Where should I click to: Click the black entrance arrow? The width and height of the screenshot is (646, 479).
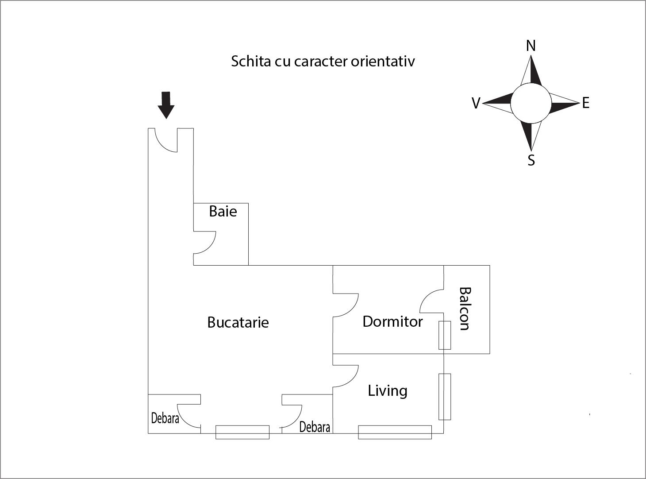tap(166, 105)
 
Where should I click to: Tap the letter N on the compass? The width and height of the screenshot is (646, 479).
tap(531, 46)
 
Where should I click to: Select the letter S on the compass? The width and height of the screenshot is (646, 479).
tap(531, 160)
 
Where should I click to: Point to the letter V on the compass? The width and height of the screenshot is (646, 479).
tap(476, 104)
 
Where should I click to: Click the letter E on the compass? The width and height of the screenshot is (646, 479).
tap(586, 103)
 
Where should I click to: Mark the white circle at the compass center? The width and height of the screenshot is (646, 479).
tap(531, 103)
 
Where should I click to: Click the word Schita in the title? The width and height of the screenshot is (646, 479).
tap(250, 61)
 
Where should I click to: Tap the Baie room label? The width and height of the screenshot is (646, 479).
tap(223, 211)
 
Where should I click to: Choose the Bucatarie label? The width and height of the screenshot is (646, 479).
tap(238, 322)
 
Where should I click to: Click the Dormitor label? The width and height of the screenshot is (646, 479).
tap(392, 321)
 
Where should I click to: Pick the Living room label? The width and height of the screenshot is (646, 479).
tap(388, 391)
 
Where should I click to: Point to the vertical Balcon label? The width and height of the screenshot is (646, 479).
tap(465, 309)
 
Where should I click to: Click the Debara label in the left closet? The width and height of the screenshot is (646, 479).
tap(165, 418)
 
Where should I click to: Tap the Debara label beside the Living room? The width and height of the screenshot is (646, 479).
tap(315, 427)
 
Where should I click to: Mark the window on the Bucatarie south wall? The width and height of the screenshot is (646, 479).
tap(242, 432)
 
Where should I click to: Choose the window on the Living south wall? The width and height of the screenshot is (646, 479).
tap(395, 432)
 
